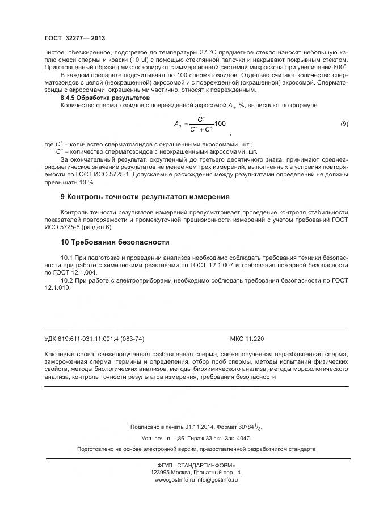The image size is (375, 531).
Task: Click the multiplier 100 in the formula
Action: point(220,124)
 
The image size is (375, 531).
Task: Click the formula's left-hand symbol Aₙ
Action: point(177,124)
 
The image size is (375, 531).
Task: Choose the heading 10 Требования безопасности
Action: point(107,241)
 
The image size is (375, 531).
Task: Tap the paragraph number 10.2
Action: point(68,281)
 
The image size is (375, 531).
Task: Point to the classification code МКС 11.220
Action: point(246,339)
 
